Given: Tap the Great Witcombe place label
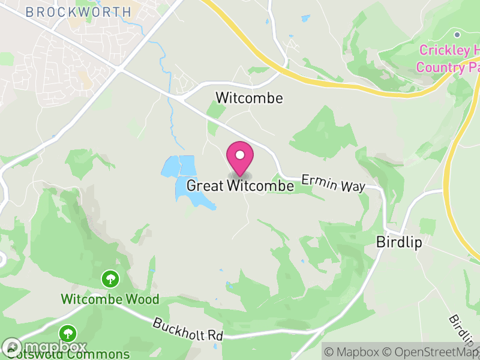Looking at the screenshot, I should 240,186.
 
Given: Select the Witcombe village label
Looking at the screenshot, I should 249,98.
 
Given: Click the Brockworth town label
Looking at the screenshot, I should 79,12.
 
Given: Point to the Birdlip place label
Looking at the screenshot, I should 399,242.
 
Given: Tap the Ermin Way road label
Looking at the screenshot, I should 333,183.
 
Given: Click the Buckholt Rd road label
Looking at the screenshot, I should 188,329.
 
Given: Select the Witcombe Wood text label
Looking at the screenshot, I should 110,299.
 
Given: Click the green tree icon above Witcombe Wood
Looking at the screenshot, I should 110,278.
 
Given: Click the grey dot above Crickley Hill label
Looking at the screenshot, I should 457,35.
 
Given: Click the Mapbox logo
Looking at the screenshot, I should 44,347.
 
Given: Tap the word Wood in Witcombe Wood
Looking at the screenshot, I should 145,299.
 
